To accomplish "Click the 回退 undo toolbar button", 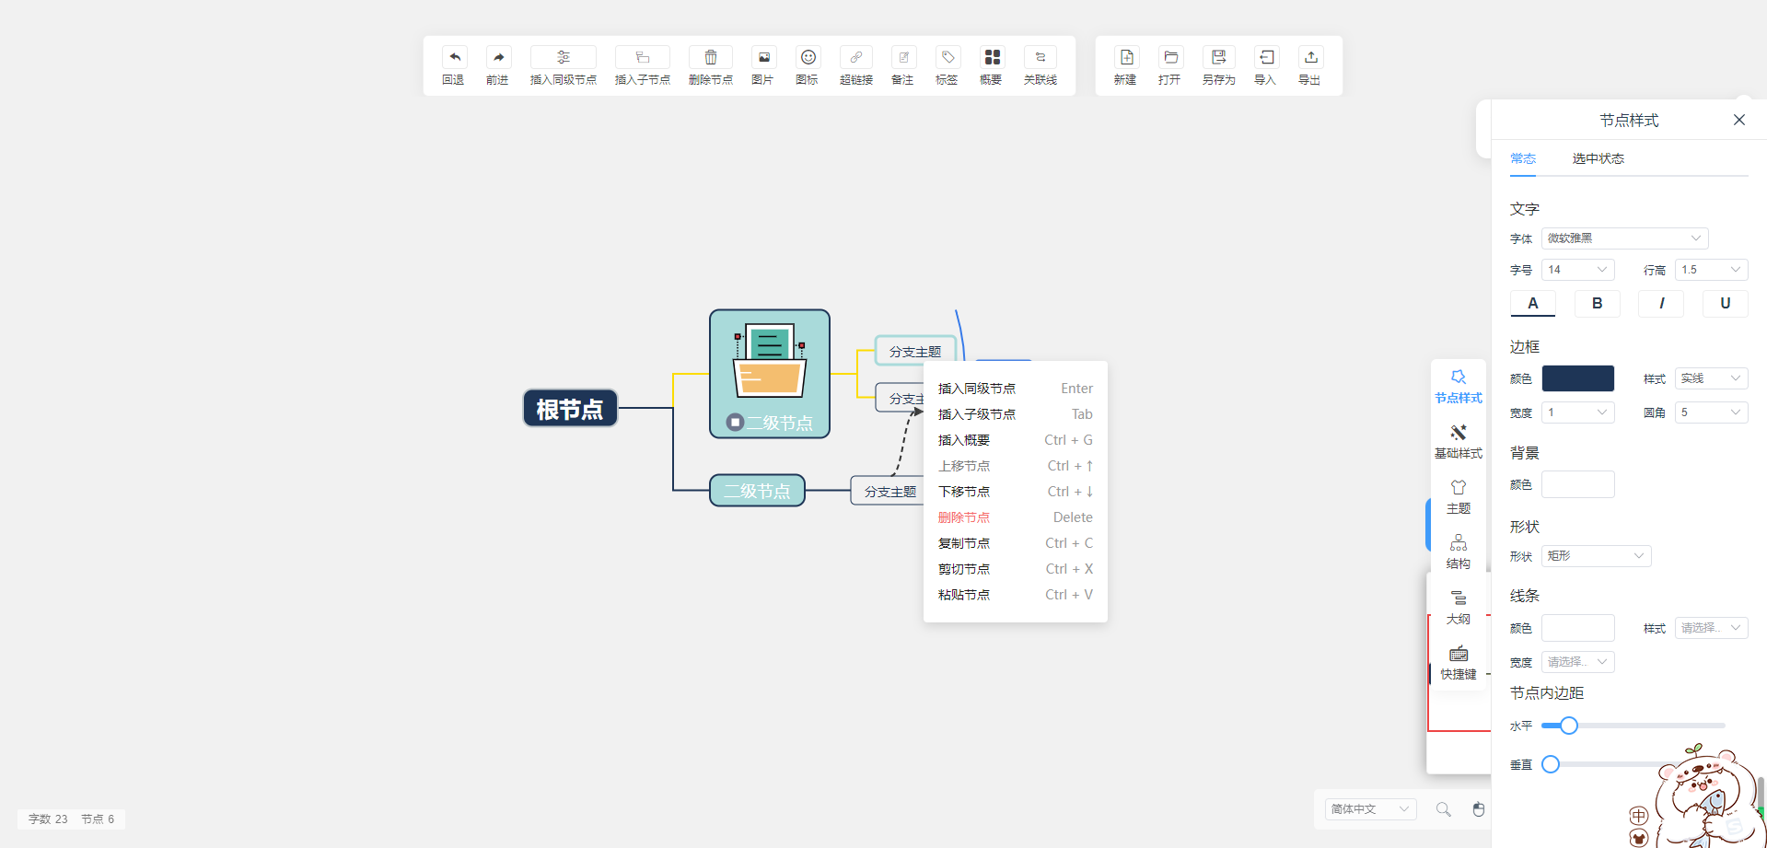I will pyautogui.click(x=453, y=65).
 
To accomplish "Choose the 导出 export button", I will pyautogui.click(x=1310, y=65).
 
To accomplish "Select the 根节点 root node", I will pyautogui.click(x=570, y=409).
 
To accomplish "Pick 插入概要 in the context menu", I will pyautogui.click(x=964, y=440).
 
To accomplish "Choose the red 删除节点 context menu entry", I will pyautogui.click(x=964, y=517).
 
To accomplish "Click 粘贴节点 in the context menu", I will pyautogui.click(x=964, y=595).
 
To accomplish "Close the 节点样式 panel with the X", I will pyautogui.click(x=1738, y=120).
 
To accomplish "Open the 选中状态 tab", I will pyautogui.click(x=1598, y=158).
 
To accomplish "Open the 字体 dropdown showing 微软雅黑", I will pyautogui.click(x=1624, y=238).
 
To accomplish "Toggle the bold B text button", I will pyautogui.click(x=1597, y=303).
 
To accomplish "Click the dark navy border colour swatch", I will pyautogui.click(x=1577, y=378).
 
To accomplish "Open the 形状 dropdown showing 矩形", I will pyautogui.click(x=1596, y=556).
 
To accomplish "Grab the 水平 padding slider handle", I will pyautogui.click(x=1569, y=726).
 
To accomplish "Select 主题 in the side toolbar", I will pyautogui.click(x=1459, y=496).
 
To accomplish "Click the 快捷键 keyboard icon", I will pyautogui.click(x=1459, y=655).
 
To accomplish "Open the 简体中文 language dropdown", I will pyautogui.click(x=1369, y=809).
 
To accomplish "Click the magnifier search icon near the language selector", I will pyautogui.click(x=1443, y=809).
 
